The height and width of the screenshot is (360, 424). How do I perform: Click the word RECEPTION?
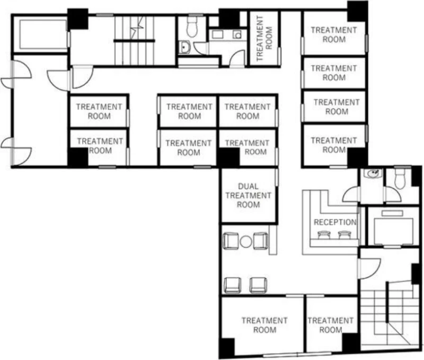(x=335, y=222)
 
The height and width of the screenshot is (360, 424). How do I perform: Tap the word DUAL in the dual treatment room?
(x=248, y=186)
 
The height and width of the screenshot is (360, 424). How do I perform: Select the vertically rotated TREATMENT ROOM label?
(x=264, y=38)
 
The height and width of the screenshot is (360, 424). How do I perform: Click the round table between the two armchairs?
(x=246, y=242)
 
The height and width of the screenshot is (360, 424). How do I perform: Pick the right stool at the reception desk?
(x=344, y=235)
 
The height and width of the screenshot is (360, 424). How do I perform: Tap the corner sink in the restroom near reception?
(x=373, y=173)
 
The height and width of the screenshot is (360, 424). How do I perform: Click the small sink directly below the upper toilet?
(x=185, y=47)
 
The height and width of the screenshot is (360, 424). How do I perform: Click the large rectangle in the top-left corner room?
(x=43, y=34)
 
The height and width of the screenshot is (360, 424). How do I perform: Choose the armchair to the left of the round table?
(x=231, y=241)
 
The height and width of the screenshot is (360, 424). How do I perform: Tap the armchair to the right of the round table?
(x=261, y=241)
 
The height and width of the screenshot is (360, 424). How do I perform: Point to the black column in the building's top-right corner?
(x=357, y=11)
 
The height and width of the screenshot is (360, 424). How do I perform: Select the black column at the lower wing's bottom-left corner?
(x=227, y=348)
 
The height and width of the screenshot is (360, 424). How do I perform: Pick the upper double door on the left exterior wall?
(x=16, y=74)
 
